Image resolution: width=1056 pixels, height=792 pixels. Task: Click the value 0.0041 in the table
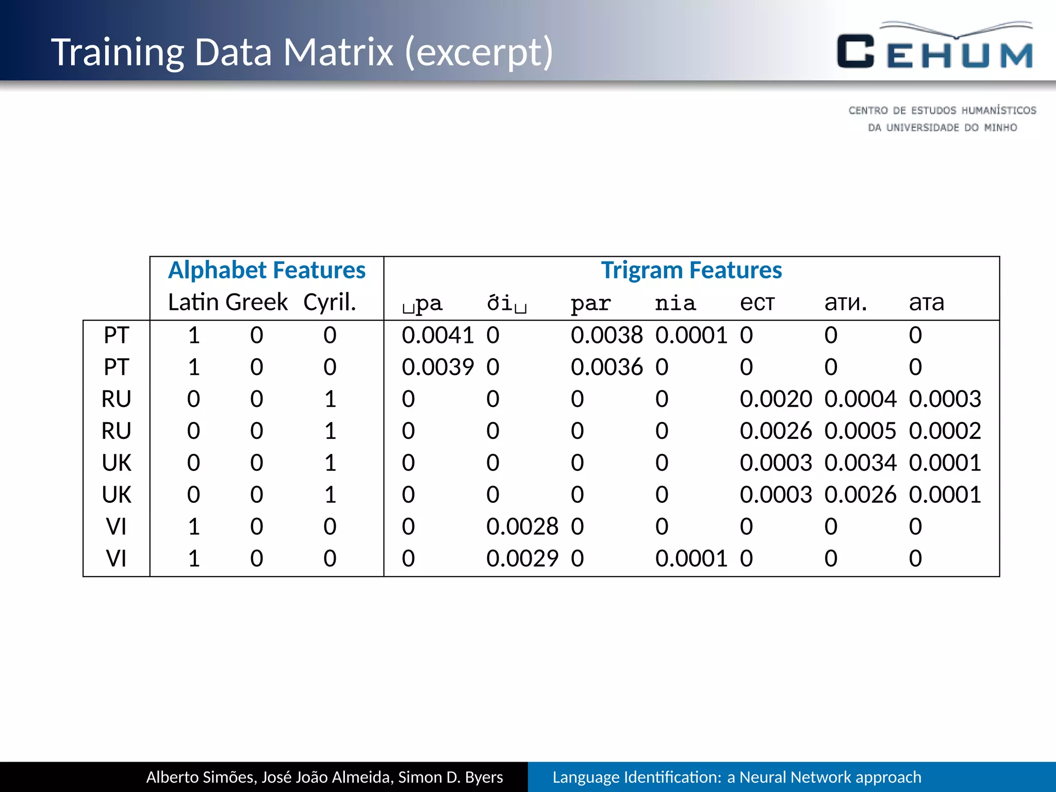coord(437,336)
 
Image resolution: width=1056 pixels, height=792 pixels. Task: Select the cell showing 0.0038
coord(606,336)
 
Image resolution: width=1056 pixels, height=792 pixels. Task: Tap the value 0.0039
coord(437,368)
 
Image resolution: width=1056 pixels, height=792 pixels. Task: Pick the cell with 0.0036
coord(606,368)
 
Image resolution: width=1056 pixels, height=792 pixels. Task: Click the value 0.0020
coord(775,400)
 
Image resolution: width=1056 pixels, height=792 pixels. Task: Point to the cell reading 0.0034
coord(860,463)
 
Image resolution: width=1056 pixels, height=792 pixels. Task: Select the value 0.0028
coord(522,527)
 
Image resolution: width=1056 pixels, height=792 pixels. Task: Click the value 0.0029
coord(522,559)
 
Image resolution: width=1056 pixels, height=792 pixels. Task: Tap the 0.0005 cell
coord(860,431)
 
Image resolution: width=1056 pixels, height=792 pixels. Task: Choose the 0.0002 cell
coord(945,431)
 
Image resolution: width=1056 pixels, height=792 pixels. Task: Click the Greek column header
coord(257,302)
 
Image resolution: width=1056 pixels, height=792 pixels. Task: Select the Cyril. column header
coord(329,302)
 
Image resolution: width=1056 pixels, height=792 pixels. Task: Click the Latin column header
coord(194,302)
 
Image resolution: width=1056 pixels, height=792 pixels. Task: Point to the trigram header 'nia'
coord(675,303)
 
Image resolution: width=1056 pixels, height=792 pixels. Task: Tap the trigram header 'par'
coord(590,303)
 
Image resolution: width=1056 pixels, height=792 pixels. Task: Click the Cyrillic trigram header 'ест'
coord(757,303)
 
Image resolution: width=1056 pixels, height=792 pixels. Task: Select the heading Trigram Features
coord(691,270)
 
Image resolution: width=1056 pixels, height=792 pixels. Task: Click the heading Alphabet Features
coord(267,270)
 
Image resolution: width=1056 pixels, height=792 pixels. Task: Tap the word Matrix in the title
coord(338,52)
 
